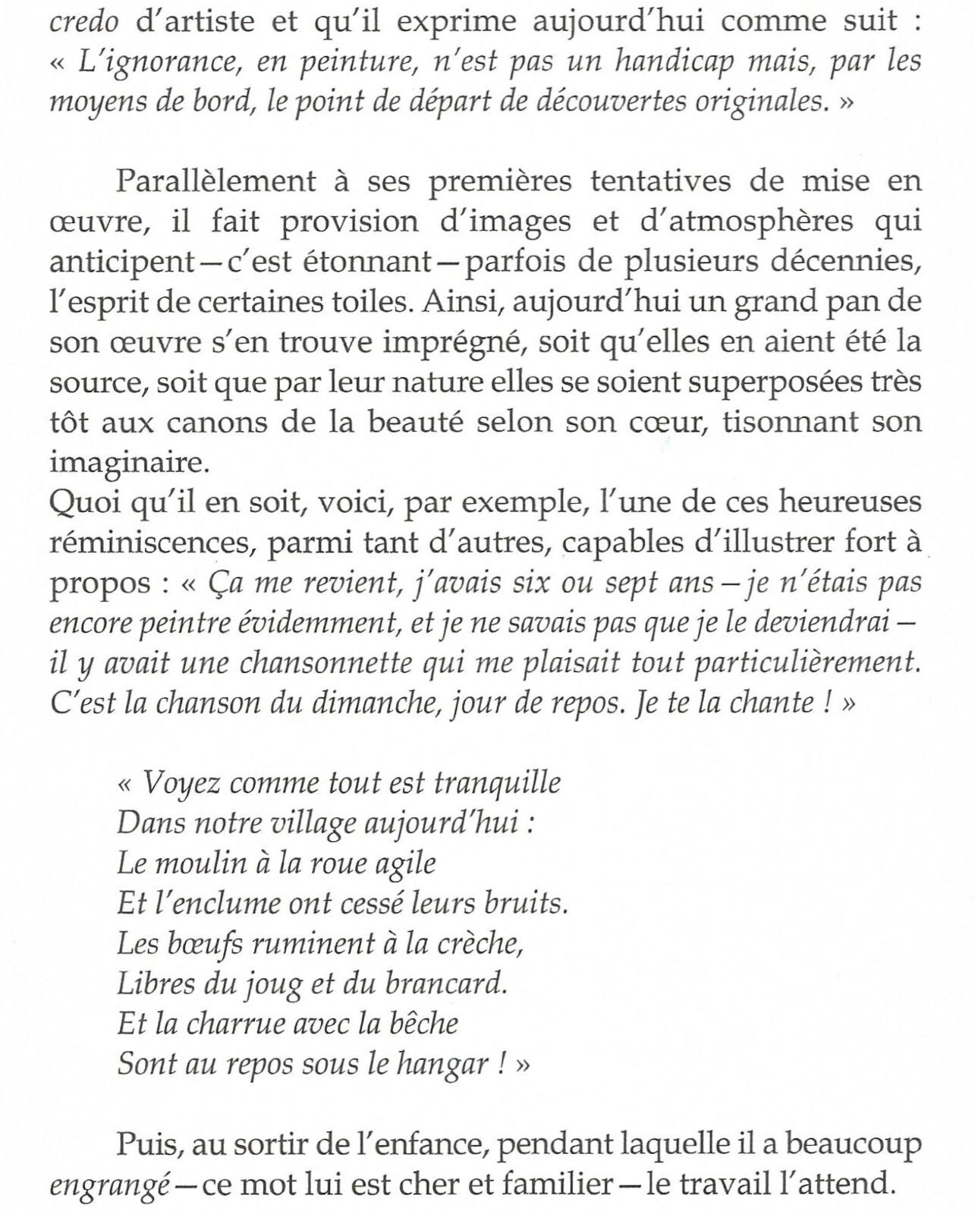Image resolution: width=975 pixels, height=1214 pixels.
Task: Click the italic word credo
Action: click(x=83, y=21)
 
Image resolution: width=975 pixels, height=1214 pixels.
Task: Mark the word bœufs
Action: click(x=201, y=944)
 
